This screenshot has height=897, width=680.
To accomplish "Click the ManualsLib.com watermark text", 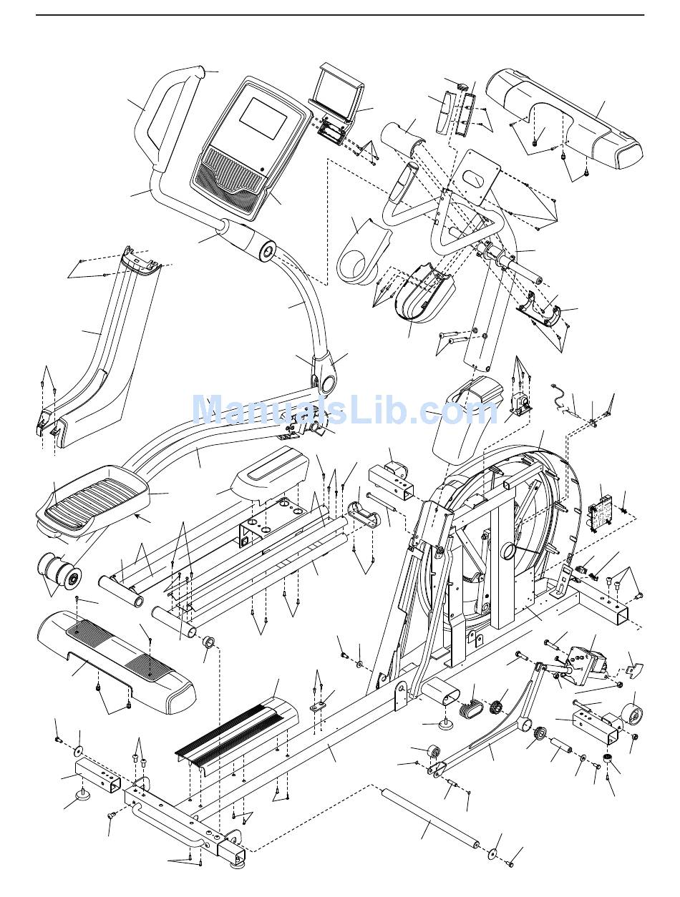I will coord(344,411).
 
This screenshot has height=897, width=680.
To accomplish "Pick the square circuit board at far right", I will coord(599,511).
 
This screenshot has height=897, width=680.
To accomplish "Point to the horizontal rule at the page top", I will coord(340,15).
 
